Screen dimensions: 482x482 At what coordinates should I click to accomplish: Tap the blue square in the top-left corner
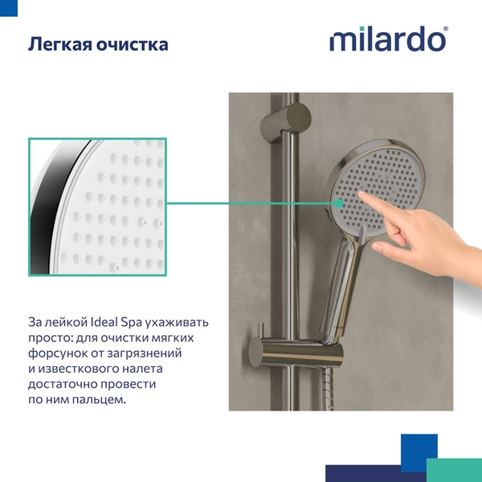[8, 6]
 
